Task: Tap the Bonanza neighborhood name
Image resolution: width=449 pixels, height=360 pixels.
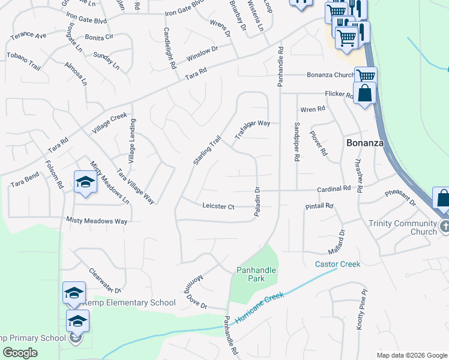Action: [364, 143]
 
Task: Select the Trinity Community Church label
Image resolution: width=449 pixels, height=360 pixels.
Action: [403, 227]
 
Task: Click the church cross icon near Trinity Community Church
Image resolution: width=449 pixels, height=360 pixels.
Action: [444, 227]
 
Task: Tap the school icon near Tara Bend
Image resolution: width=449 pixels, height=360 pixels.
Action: [85, 182]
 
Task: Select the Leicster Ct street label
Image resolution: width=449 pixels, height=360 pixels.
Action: [218, 206]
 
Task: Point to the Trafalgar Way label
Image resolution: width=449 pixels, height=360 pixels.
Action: [253, 128]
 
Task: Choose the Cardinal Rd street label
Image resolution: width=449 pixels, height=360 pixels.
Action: [334, 189]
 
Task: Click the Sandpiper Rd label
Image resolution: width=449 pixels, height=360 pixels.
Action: [297, 143]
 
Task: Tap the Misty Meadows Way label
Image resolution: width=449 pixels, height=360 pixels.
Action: [97, 221]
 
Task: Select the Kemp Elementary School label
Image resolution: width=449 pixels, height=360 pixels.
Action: [129, 303]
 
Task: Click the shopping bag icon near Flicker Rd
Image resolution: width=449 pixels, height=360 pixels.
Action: [364, 94]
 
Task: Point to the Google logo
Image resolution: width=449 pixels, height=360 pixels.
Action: [20, 353]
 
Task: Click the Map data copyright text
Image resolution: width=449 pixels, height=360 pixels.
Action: [411, 355]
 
